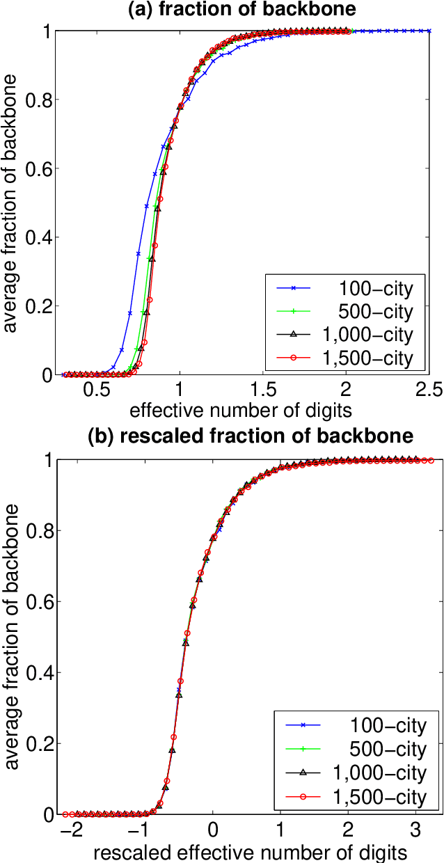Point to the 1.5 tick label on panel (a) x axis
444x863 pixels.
[x=262, y=390]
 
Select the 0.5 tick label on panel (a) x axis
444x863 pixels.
[x=96, y=390]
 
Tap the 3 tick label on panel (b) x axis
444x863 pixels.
[x=416, y=830]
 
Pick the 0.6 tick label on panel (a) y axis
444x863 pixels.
[x=37, y=169]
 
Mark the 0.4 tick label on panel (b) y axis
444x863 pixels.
[x=37, y=673]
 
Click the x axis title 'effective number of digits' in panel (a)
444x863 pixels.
[x=236, y=409]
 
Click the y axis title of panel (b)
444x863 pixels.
[x=13, y=637]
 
